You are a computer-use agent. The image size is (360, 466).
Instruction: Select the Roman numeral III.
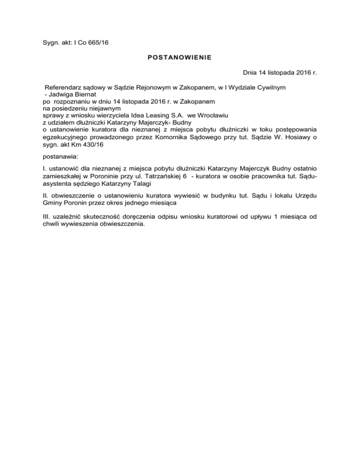tap(41, 217)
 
